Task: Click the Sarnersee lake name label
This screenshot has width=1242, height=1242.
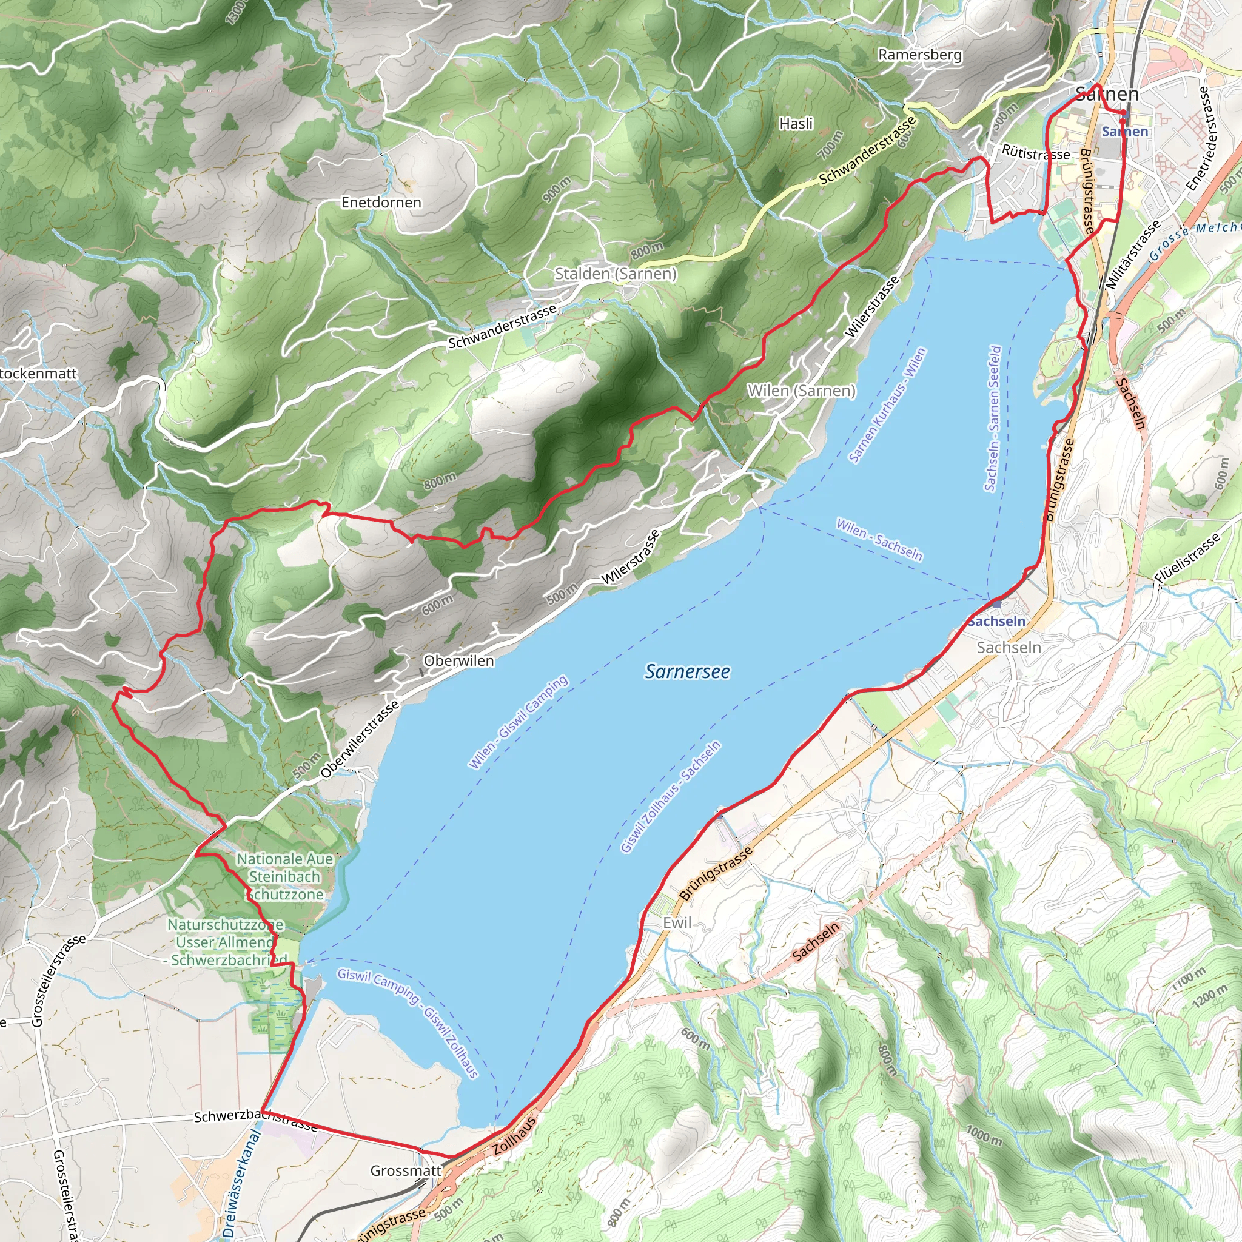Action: (687, 672)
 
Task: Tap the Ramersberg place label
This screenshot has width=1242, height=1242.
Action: (920, 55)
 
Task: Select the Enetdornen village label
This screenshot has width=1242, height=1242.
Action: (381, 203)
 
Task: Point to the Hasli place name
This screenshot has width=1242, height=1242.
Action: (796, 124)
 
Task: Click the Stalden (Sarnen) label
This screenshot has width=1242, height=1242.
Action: (615, 274)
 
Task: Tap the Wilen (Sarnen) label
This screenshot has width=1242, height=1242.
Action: (801, 391)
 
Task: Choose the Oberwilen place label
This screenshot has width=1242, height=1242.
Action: (458, 661)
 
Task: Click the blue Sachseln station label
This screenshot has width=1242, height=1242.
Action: (996, 621)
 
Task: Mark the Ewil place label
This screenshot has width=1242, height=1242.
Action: (677, 923)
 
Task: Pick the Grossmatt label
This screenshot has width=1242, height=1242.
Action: (406, 1170)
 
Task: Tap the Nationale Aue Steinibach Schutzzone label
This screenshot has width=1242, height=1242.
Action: (285, 876)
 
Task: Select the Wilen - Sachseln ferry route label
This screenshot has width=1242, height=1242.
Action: (879, 539)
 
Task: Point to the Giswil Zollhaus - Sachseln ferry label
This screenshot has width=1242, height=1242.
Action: (671, 797)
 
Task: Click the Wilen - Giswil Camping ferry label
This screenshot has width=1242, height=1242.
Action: (518, 722)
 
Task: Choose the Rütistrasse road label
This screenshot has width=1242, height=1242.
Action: (1036, 153)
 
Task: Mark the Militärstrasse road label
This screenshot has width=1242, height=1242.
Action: (1133, 254)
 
